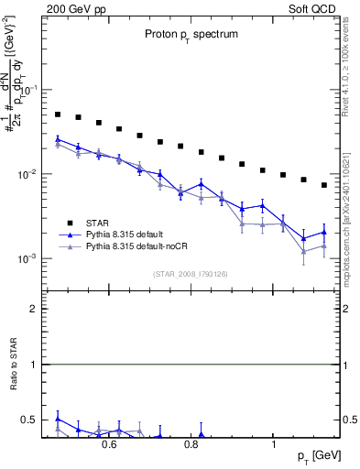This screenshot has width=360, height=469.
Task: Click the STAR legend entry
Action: (120, 223)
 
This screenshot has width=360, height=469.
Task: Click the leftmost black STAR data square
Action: (58, 115)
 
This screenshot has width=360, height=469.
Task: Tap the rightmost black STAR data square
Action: (324, 185)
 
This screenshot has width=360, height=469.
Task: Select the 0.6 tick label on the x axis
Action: (108, 444)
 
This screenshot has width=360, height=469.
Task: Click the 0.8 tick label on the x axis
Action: (191, 444)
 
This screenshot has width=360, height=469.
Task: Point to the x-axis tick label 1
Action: (275, 444)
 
